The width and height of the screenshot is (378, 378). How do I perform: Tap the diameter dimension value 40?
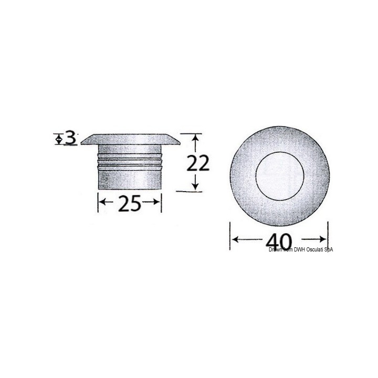[279, 241]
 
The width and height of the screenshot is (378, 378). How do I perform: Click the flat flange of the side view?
[130, 140]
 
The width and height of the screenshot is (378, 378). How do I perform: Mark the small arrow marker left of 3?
[58, 139]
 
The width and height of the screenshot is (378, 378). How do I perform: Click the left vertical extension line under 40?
[230, 236]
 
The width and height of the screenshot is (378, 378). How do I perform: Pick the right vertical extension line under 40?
[328, 231]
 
